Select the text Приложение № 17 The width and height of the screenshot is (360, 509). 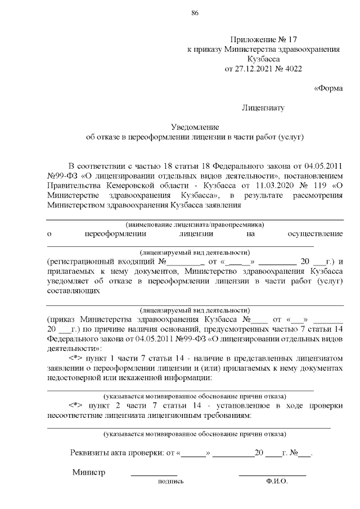263,40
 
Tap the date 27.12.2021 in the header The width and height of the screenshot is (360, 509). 260,69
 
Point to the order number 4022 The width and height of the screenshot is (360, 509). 293,69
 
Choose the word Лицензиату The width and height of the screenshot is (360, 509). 263,107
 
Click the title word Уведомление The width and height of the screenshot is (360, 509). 195,127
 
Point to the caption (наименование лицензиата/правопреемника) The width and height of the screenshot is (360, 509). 194,224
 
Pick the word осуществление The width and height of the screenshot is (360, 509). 315,233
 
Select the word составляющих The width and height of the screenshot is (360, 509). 74,291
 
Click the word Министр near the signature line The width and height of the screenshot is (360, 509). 89,472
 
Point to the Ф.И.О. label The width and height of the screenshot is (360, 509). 277,482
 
